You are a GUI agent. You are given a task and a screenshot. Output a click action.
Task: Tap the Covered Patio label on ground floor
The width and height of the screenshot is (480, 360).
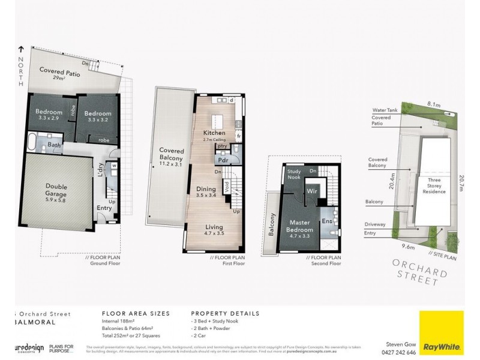(61, 74)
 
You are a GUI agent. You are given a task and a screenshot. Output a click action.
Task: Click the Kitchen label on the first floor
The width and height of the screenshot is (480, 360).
(214, 133)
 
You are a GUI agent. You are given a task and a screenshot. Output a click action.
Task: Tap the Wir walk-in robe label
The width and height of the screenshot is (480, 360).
(311, 191)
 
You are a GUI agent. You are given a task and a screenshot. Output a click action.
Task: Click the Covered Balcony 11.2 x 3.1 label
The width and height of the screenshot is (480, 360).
(170, 154)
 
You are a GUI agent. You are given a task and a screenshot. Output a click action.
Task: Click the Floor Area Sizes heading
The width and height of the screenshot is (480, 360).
(136, 313)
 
